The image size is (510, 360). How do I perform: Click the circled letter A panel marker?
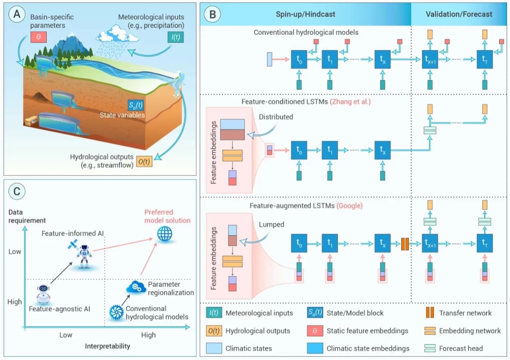17,14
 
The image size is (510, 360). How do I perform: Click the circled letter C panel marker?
17,191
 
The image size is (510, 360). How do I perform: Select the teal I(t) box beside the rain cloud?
176,36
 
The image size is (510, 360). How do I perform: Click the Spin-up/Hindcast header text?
305,14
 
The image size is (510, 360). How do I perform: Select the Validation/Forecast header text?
458,14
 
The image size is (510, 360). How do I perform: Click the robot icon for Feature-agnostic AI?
43,293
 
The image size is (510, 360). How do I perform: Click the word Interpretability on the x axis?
107,346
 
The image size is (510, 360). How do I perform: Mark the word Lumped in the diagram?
271,225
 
